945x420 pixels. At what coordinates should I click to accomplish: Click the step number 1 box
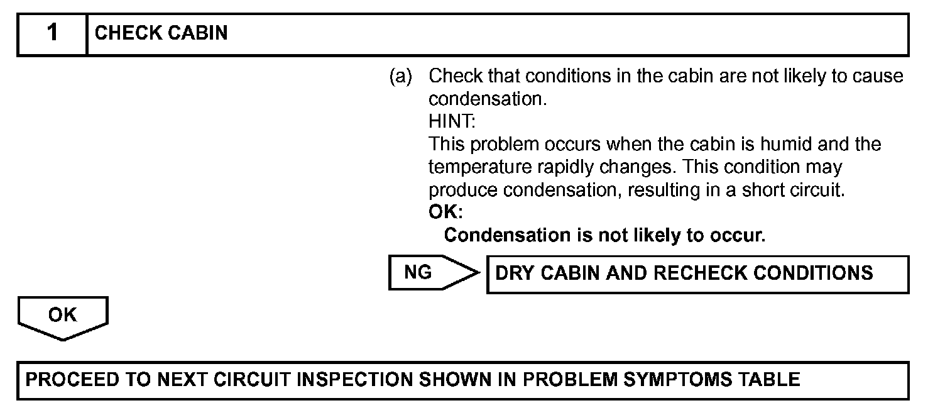(x=52, y=33)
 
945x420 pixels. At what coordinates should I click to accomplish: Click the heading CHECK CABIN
(x=161, y=33)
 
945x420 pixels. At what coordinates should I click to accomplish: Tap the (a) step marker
(x=400, y=77)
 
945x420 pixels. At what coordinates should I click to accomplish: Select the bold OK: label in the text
(x=445, y=213)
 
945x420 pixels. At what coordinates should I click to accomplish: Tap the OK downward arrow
(x=63, y=318)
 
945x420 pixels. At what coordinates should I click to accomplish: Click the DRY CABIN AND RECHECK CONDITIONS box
(x=697, y=274)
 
